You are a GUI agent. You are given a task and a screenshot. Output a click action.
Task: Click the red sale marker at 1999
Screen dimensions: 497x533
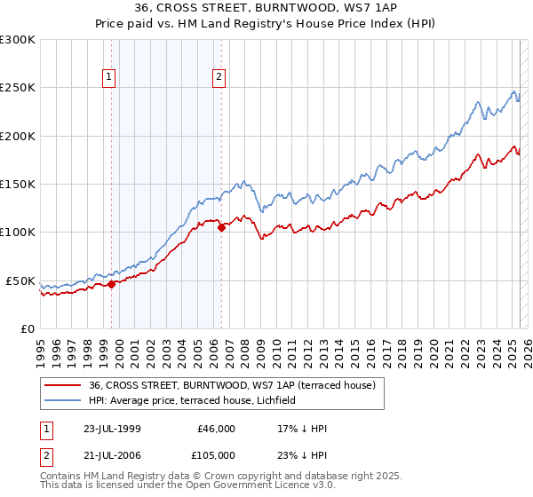(112, 284)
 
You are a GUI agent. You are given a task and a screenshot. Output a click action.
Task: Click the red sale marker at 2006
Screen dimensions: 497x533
(221, 227)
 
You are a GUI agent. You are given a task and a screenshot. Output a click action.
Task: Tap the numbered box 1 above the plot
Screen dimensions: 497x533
(108, 77)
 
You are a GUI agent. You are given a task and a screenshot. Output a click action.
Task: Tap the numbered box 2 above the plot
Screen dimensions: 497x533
(219, 77)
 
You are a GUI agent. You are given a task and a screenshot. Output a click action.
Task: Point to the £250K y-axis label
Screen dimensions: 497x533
(18, 88)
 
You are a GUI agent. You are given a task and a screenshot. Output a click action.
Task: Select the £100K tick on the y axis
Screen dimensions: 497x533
(18, 233)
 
